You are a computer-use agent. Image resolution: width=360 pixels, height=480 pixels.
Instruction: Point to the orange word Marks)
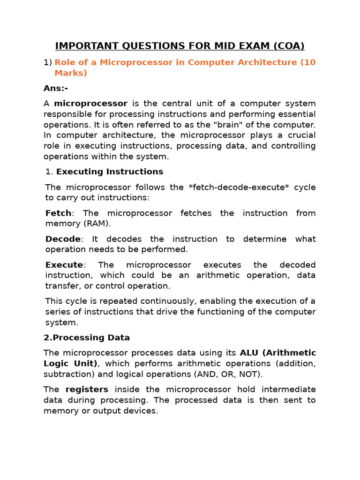coord(71,73)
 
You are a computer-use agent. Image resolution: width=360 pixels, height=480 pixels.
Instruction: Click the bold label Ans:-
coord(56,88)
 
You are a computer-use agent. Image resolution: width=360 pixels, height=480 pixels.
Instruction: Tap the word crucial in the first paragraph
coord(300,135)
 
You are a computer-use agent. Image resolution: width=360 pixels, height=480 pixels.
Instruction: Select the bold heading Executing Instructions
coord(110,172)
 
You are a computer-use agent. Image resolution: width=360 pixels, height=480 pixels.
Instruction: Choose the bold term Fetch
coord(59,213)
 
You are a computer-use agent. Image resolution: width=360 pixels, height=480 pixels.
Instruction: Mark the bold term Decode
coord(63,239)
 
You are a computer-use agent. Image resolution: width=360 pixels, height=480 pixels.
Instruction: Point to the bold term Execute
coord(64,265)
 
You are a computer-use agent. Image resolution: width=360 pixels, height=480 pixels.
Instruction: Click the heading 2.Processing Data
coord(87,337)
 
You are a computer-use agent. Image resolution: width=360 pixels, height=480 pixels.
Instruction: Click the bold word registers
coord(87,390)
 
